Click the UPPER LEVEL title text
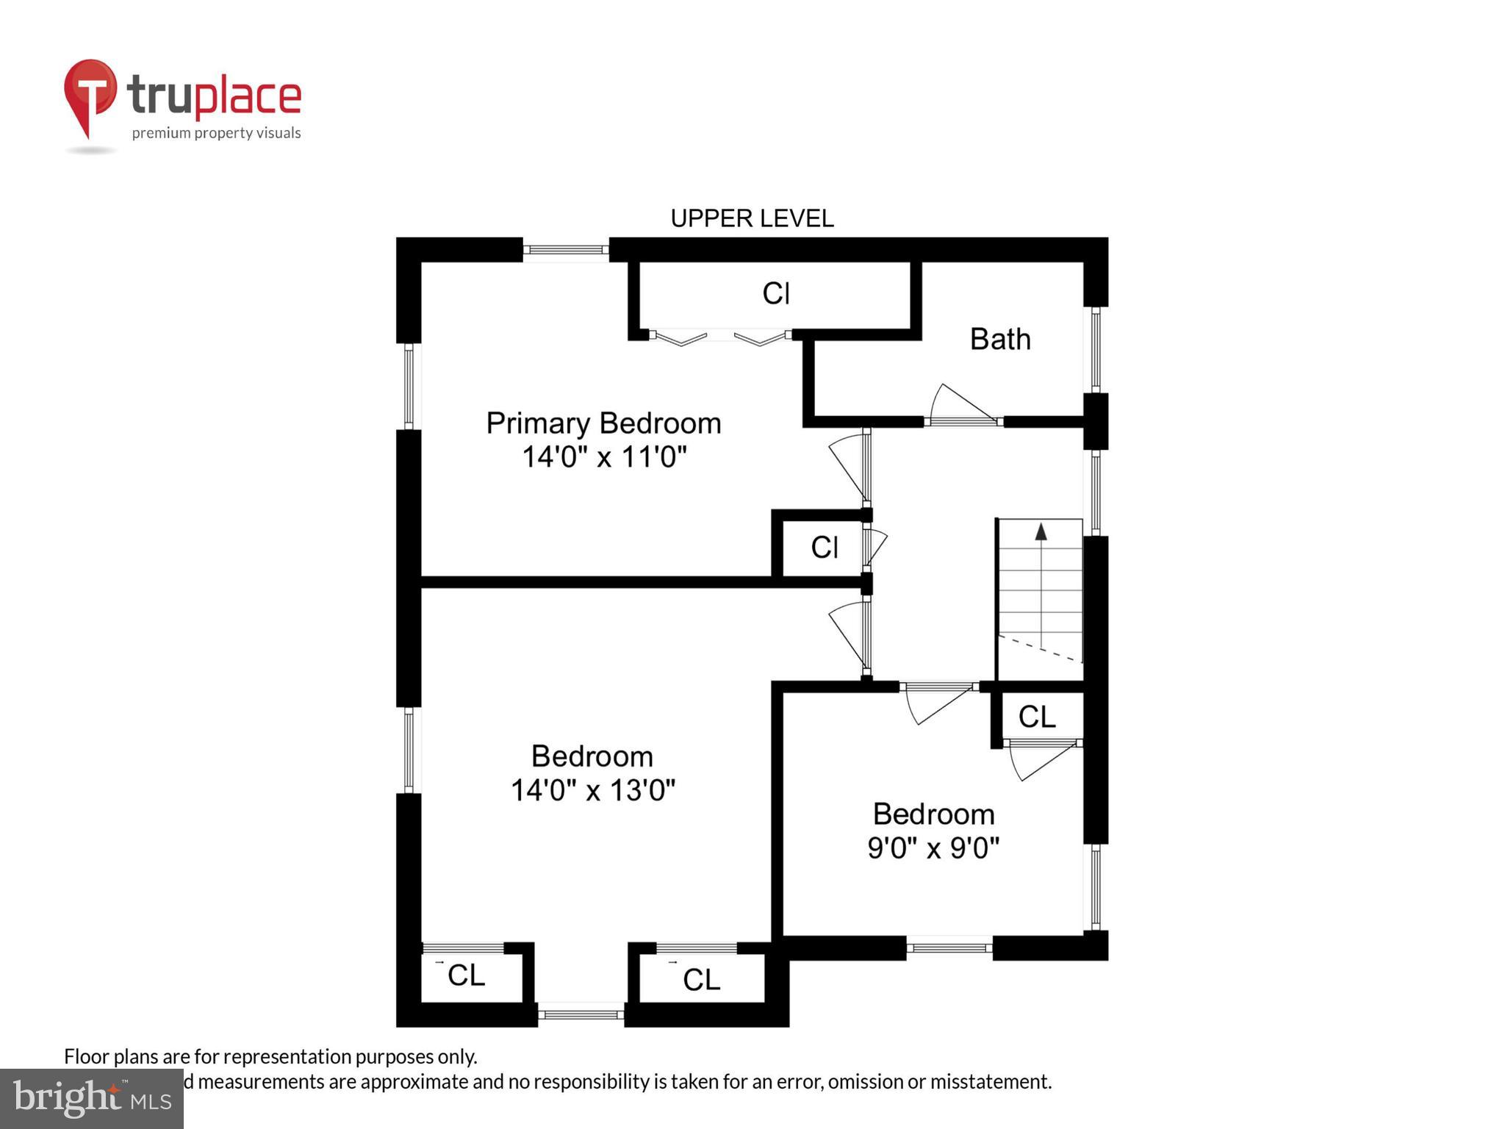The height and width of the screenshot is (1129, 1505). click(752, 218)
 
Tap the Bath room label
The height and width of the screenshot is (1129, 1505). click(999, 339)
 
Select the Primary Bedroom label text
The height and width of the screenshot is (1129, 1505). click(603, 423)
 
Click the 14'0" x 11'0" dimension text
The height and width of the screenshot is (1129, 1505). click(603, 457)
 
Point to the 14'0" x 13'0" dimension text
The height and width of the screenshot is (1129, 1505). click(592, 790)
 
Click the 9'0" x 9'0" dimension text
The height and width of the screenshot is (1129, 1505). click(933, 848)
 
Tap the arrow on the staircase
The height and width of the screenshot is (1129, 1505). click(1041, 531)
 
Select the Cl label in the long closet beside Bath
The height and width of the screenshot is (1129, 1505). click(775, 293)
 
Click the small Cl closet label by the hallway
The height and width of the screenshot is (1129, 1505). click(824, 548)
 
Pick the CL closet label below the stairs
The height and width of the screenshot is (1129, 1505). click(1036, 717)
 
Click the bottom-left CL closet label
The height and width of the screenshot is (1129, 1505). click(466, 975)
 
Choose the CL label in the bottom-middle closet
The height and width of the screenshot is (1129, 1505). click(701, 979)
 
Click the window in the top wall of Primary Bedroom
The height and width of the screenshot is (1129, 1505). click(565, 250)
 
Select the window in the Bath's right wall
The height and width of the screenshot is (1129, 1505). click(1095, 349)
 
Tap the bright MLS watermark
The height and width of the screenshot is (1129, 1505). click(91, 1098)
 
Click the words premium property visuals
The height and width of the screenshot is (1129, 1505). click(216, 133)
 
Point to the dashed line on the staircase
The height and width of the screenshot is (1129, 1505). click(1040, 648)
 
